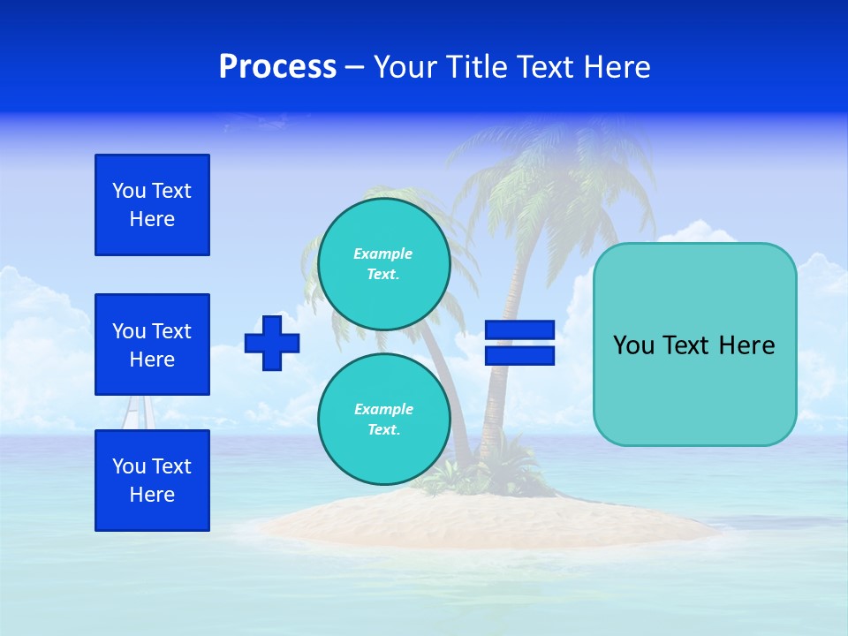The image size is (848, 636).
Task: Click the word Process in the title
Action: tap(277, 67)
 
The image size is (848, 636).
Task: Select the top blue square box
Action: tap(152, 205)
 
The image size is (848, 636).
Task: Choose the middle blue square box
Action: tap(152, 344)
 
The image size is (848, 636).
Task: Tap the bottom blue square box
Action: tap(152, 481)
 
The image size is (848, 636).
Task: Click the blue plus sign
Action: tap(272, 343)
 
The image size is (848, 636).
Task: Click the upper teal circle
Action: tap(383, 264)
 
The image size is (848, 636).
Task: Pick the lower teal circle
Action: tap(383, 420)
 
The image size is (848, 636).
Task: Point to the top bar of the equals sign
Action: tap(519, 330)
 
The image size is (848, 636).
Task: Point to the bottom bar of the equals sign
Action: tap(519, 355)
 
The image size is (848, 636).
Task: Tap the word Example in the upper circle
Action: tap(382, 254)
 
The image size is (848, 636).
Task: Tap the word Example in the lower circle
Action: tap(382, 409)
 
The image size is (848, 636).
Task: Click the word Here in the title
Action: tap(614, 67)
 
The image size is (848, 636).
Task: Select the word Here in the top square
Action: tap(152, 219)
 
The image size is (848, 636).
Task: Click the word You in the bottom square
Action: tap(129, 466)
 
